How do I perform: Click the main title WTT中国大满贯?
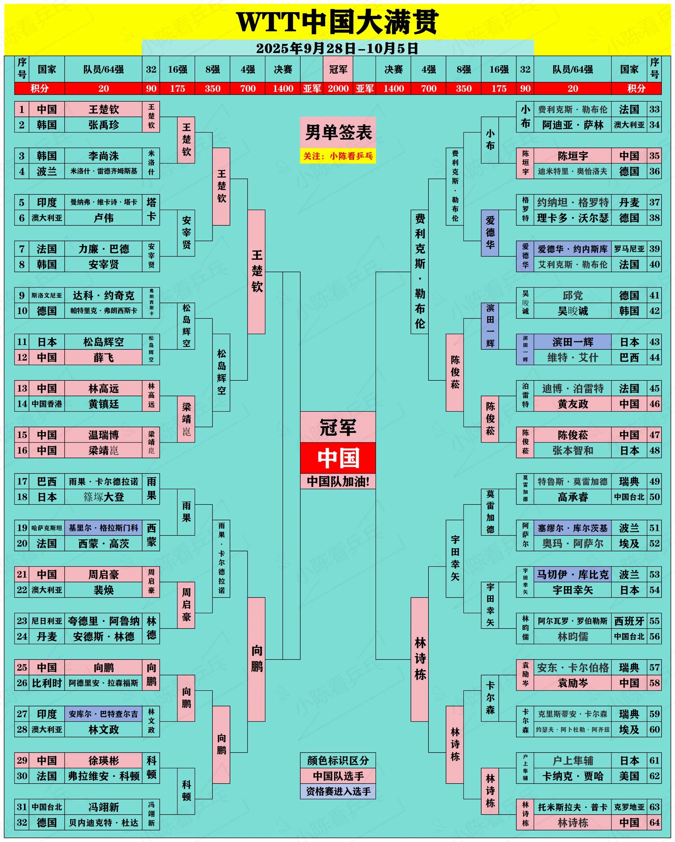point(337,22)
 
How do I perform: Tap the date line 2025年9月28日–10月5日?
point(337,48)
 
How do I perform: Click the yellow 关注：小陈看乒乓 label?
point(338,156)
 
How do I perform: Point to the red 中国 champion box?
point(338,458)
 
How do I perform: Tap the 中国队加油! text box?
point(338,481)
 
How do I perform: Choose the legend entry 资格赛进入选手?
point(338,791)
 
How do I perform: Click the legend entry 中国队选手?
point(338,776)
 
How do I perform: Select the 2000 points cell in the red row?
point(338,89)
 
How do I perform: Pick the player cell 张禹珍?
point(103,125)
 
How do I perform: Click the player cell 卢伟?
point(103,218)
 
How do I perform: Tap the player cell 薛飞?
point(103,357)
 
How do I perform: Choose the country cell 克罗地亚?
point(629,807)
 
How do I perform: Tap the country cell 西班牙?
point(629,621)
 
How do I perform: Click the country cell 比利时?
point(47,683)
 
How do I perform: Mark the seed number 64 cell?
point(654,823)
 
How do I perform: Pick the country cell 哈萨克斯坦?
point(47,528)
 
